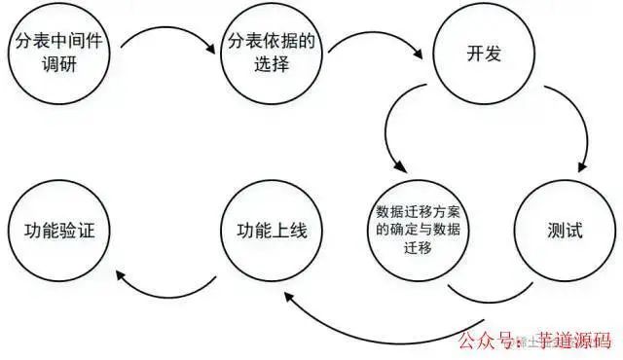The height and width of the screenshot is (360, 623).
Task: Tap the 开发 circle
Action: point(484,54)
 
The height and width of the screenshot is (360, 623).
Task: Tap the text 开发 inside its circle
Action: point(484,54)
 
